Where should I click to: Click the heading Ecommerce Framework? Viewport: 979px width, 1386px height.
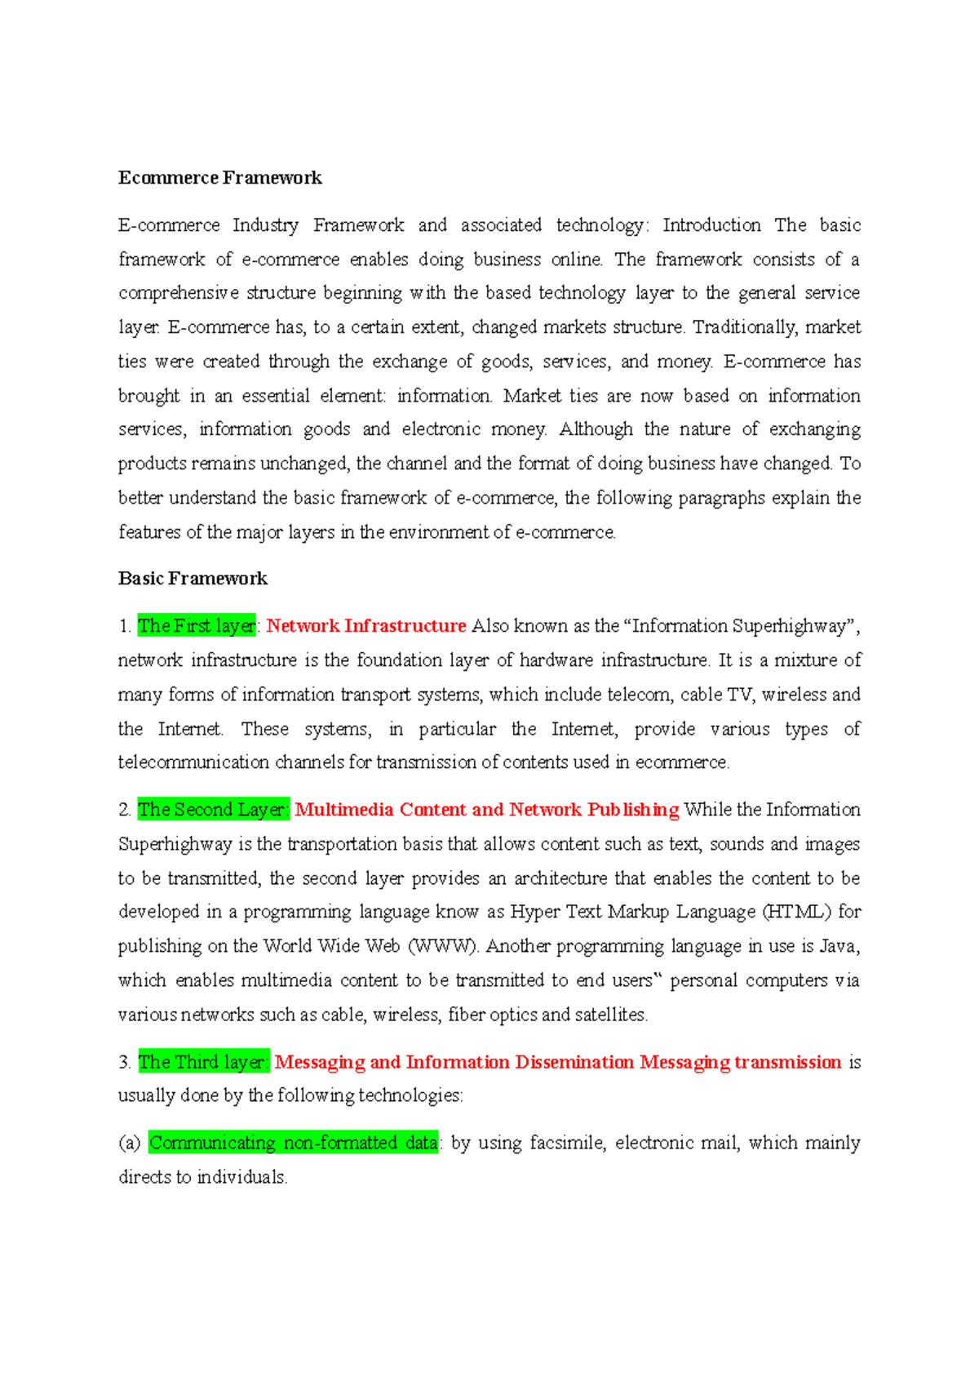click(x=219, y=178)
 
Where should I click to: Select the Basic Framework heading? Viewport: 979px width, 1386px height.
click(x=193, y=579)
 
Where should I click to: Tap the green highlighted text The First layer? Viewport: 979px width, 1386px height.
click(x=197, y=626)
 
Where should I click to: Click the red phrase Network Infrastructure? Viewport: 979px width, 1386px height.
click(x=365, y=626)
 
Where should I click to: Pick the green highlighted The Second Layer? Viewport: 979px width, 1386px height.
click(x=213, y=810)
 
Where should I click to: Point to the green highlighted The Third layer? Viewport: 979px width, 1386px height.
click(x=203, y=1062)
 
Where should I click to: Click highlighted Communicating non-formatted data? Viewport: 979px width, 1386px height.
click(x=293, y=1143)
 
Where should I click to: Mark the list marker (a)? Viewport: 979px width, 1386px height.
click(x=130, y=1143)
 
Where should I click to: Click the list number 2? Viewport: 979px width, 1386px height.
click(x=124, y=810)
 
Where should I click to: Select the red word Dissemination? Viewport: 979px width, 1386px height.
click(x=574, y=1062)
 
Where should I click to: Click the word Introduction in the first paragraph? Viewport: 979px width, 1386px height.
click(x=711, y=225)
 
